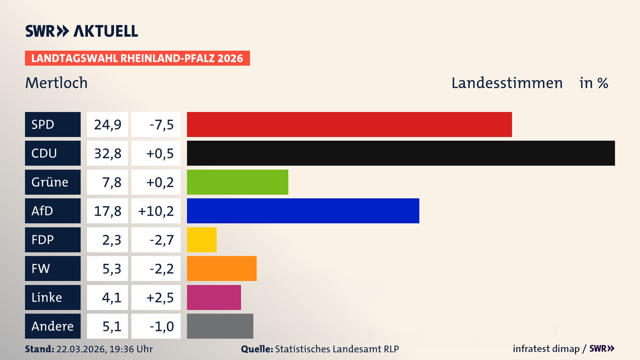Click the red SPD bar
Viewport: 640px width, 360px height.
pos(349,124)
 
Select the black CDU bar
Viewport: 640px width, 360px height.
pos(401,153)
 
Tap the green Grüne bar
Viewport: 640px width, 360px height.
pos(237,182)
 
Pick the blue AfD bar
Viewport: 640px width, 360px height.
pos(303,211)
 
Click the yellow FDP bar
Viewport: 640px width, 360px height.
pos(202,240)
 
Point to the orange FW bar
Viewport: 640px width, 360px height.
pos(222,268)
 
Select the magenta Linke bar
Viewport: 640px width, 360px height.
pos(214,297)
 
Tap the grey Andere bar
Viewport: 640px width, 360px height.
pos(220,326)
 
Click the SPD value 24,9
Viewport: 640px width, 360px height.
pos(107,125)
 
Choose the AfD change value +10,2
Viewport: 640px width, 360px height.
pos(156,211)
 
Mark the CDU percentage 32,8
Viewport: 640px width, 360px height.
pos(107,153)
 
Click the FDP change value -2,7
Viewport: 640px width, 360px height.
pos(162,240)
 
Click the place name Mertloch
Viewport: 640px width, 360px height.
pos(56,83)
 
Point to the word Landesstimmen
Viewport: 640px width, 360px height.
pos(507,83)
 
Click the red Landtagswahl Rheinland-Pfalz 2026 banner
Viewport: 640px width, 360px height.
pos(137,58)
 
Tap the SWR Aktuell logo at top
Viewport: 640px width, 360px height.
pos(81,31)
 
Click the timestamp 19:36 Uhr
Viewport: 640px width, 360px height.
pos(131,349)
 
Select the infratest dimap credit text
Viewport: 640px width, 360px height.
pos(546,349)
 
